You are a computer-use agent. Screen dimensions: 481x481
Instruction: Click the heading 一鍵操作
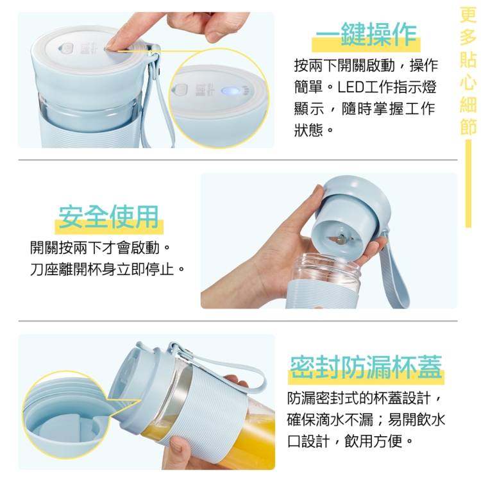(366, 34)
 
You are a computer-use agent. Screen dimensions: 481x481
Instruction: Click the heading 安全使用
(108, 217)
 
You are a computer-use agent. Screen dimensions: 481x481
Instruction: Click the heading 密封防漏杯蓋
(366, 367)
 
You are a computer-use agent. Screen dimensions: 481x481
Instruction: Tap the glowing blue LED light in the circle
(230, 91)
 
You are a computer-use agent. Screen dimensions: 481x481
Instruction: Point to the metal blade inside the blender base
(340, 239)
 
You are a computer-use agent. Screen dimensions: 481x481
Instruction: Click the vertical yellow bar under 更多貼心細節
(468, 183)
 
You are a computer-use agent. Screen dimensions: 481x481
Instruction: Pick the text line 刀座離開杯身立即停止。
(107, 269)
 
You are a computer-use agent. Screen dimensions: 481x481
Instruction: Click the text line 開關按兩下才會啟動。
(100, 248)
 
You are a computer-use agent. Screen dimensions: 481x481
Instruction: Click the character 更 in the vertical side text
(468, 14)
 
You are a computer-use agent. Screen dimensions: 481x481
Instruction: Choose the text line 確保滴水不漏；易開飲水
(366, 419)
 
